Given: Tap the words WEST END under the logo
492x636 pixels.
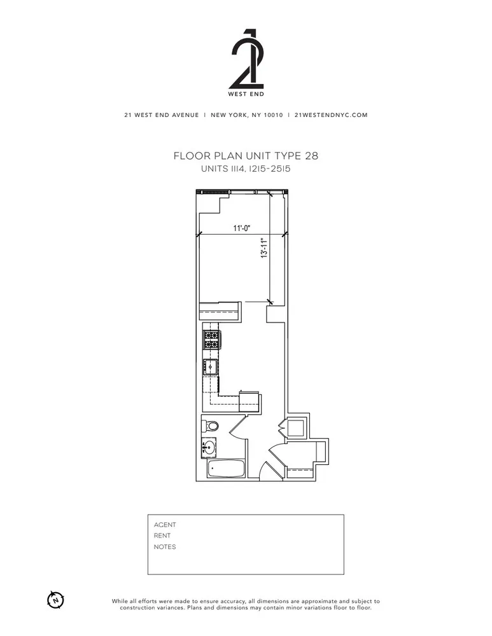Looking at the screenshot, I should click(246, 94).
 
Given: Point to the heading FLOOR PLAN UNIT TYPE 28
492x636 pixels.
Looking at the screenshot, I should click(246, 156).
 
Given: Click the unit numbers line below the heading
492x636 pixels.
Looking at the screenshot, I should click(246, 169).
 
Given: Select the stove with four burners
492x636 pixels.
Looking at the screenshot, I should click(211, 340).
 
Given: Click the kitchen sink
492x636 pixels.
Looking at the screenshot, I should click(209, 366).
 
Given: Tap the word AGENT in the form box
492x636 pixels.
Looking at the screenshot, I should click(165, 525).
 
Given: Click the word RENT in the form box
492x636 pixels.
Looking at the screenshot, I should click(163, 536).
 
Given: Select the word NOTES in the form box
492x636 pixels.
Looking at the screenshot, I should click(165, 547).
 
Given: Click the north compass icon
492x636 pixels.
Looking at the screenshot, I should click(56, 598).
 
